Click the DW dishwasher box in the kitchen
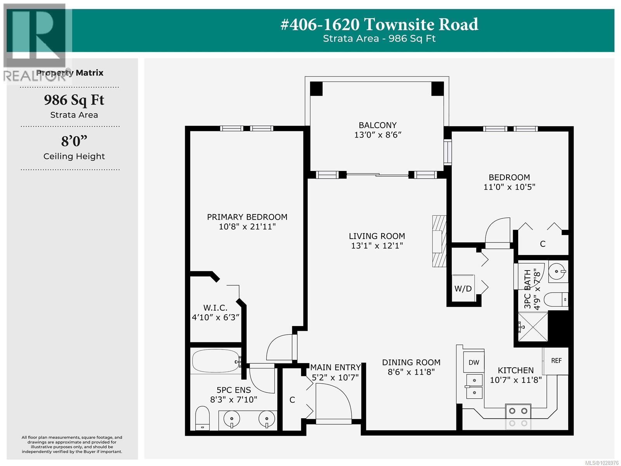[x=474, y=363]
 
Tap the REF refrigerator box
[x=556, y=361]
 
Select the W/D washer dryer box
[x=463, y=288]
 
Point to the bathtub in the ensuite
[x=215, y=361]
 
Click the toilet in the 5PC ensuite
[x=202, y=418]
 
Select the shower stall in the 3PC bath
[x=533, y=326]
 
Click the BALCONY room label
[x=377, y=125]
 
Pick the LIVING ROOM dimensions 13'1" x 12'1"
[x=377, y=246]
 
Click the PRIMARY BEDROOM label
[x=247, y=217]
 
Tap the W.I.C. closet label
[x=215, y=308]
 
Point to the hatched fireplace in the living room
[x=439, y=241]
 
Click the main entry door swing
[x=333, y=402]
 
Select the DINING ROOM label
[x=411, y=362]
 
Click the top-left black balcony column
[x=316, y=89]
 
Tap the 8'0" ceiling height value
[x=74, y=141]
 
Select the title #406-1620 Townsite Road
[x=379, y=24]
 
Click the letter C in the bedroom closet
[x=543, y=244]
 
